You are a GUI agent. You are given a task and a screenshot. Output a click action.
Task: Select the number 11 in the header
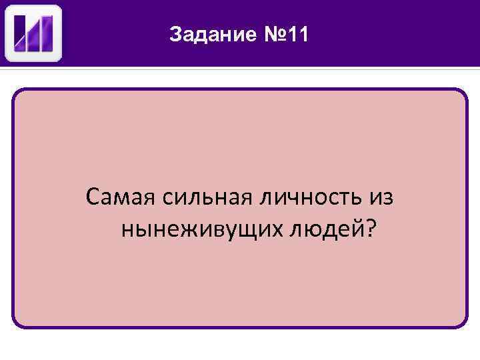(297, 34)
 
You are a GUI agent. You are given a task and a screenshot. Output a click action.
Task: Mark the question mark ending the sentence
(370, 229)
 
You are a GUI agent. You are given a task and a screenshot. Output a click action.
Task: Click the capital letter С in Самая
(93, 197)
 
